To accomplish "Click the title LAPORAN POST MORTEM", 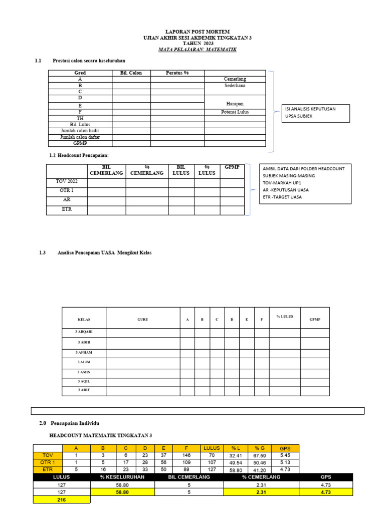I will point(198,32).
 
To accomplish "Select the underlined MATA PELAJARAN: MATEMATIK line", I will point(198,50).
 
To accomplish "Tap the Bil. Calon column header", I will point(131,73).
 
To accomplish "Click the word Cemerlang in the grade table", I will point(235,79).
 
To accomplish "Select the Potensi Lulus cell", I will point(235,112).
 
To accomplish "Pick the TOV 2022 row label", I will point(67,181).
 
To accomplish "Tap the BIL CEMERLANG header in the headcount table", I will point(106,170).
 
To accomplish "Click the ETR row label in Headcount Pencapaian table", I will point(67,209).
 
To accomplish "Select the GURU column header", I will point(143,319).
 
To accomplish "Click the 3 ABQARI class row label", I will point(84,332).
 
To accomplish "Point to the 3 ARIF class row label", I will point(84,390).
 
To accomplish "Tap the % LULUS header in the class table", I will point(285,316).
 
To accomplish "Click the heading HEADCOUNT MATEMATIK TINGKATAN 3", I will point(100,435).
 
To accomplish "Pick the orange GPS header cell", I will point(285,448).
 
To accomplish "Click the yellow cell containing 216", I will point(62,500).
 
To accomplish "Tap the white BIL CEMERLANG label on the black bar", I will point(189,477).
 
